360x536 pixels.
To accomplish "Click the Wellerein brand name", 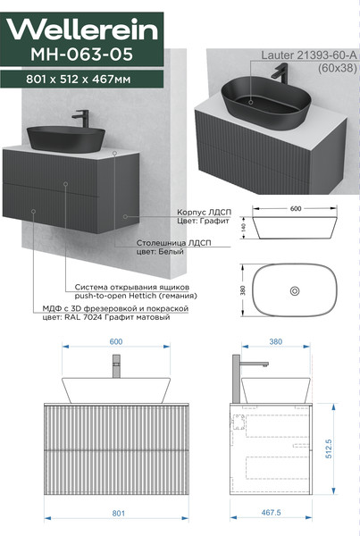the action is point(82,29).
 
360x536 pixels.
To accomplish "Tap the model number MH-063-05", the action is point(81,54).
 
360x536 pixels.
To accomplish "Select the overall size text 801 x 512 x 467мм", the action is point(79,80).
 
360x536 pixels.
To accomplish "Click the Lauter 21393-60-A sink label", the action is point(309,55).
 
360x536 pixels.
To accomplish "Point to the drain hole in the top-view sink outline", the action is point(295,291).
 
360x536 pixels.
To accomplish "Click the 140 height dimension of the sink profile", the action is point(243,227).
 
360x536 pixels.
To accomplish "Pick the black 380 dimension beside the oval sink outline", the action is point(243,290).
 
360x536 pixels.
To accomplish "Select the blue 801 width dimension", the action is point(118,513).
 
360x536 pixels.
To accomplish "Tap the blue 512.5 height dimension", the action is point(329,448).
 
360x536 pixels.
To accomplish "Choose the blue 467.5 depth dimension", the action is point(271,513).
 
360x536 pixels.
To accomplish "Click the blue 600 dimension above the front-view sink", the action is point(116,341).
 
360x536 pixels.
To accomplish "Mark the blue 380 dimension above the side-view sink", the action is point(276,341).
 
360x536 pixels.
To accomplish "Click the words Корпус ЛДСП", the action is point(204,213).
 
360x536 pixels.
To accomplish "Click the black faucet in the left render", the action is point(81,119).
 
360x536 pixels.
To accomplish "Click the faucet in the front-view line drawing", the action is point(116,365).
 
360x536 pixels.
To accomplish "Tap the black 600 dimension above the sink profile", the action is point(296,208).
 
